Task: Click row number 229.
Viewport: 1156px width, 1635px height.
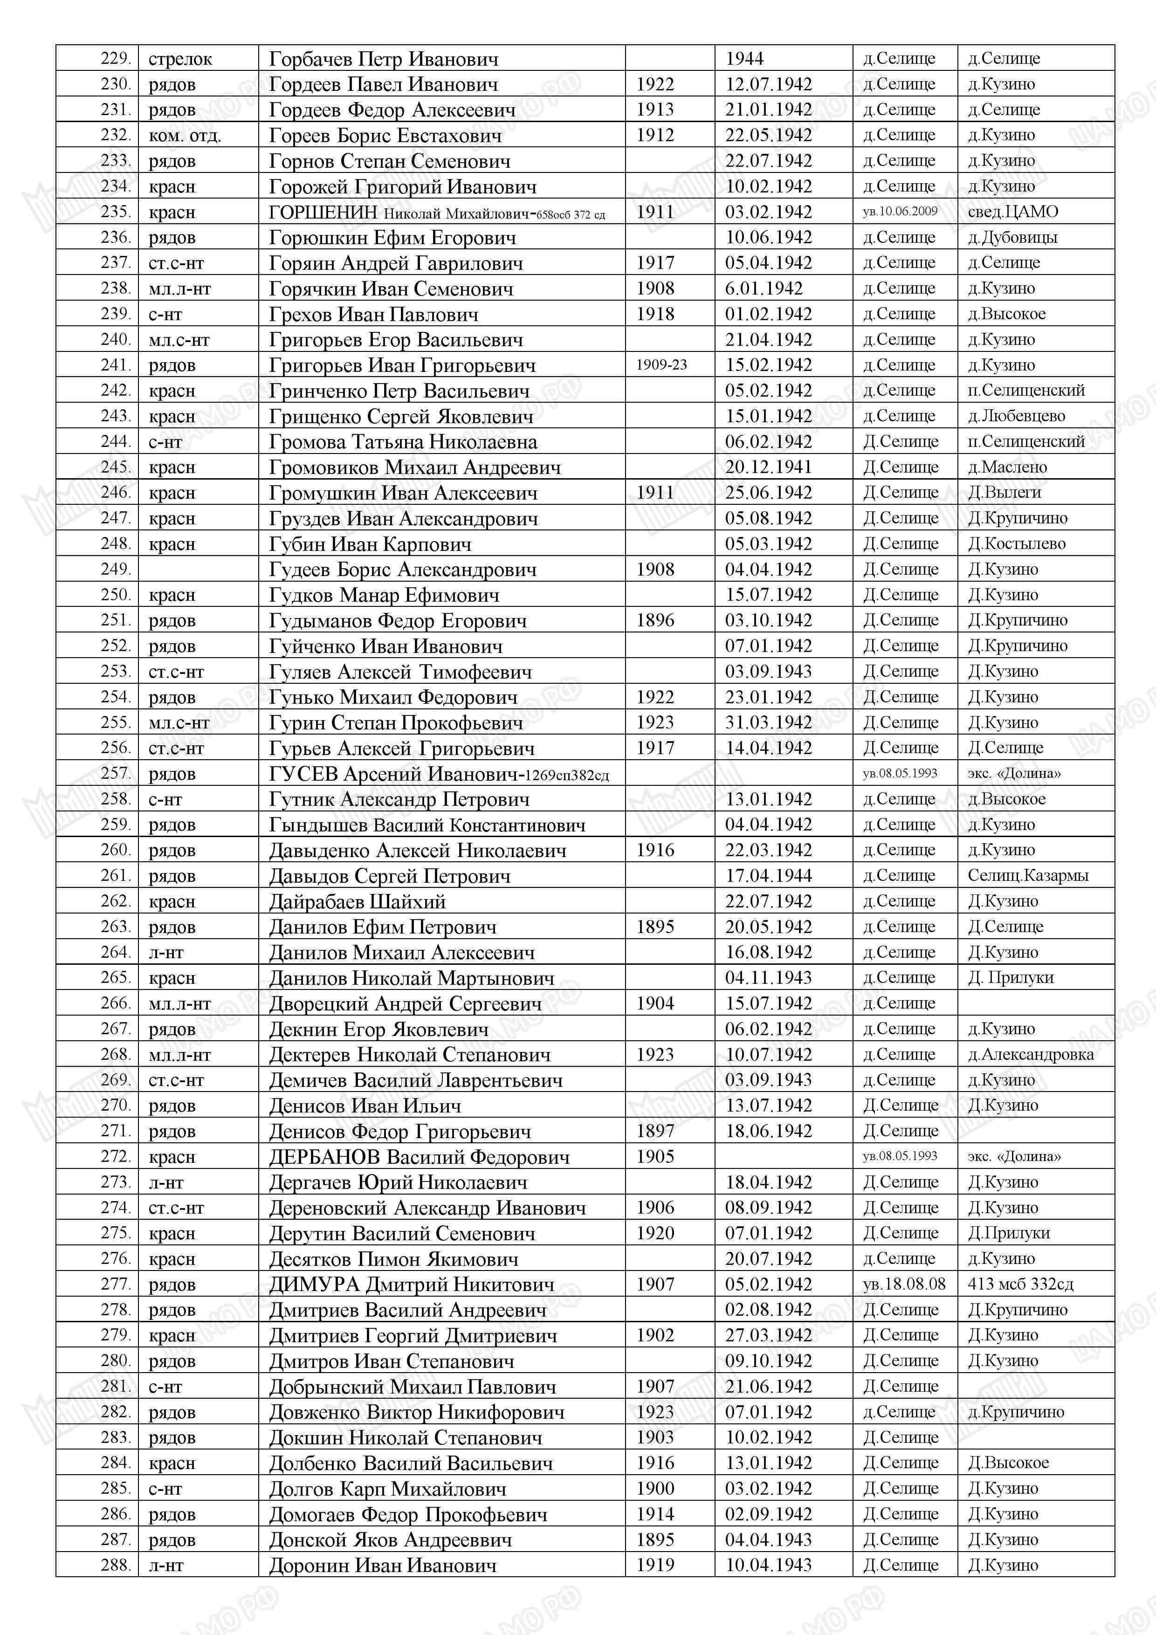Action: coord(116,58)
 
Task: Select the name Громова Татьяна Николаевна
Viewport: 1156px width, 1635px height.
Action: coord(402,442)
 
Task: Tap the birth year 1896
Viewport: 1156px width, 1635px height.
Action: coord(654,620)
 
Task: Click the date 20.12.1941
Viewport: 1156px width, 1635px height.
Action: coord(769,467)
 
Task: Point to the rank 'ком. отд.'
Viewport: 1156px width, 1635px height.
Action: coord(185,135)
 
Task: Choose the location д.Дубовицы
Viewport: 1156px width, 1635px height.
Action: coord(1012,237)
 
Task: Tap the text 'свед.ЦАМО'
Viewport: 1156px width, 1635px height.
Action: coord(1013,212)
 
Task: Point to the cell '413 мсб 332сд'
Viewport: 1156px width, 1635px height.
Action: coord(1020,1285)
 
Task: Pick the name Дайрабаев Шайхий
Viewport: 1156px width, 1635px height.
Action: coord(357,901)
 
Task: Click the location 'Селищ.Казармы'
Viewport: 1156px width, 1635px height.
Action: coord(1028,876)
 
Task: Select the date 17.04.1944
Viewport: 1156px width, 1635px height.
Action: coord(769,876)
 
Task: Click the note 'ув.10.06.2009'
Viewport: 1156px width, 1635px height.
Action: coord(900,212)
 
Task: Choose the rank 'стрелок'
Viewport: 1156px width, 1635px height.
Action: coord(180,59)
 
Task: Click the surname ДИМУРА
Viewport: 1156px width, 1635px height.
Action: coord(314,1285)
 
